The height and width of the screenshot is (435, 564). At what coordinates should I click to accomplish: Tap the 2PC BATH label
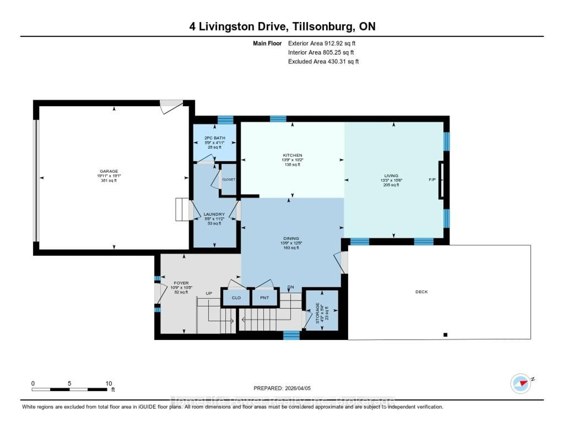215,138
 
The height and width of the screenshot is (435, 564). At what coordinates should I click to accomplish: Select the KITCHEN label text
292,155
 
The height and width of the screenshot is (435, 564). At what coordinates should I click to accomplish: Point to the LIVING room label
391,176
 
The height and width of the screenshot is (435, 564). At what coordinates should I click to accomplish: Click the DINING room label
291,238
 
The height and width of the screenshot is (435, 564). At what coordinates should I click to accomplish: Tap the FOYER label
181,283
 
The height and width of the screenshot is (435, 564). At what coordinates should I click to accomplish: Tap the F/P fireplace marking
432,180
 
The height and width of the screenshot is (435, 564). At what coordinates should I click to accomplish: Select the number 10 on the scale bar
109,383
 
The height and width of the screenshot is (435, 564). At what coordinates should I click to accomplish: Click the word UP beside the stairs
209,293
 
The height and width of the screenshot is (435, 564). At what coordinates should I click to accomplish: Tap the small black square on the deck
445,335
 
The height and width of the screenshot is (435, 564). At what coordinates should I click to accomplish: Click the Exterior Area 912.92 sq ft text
322,43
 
